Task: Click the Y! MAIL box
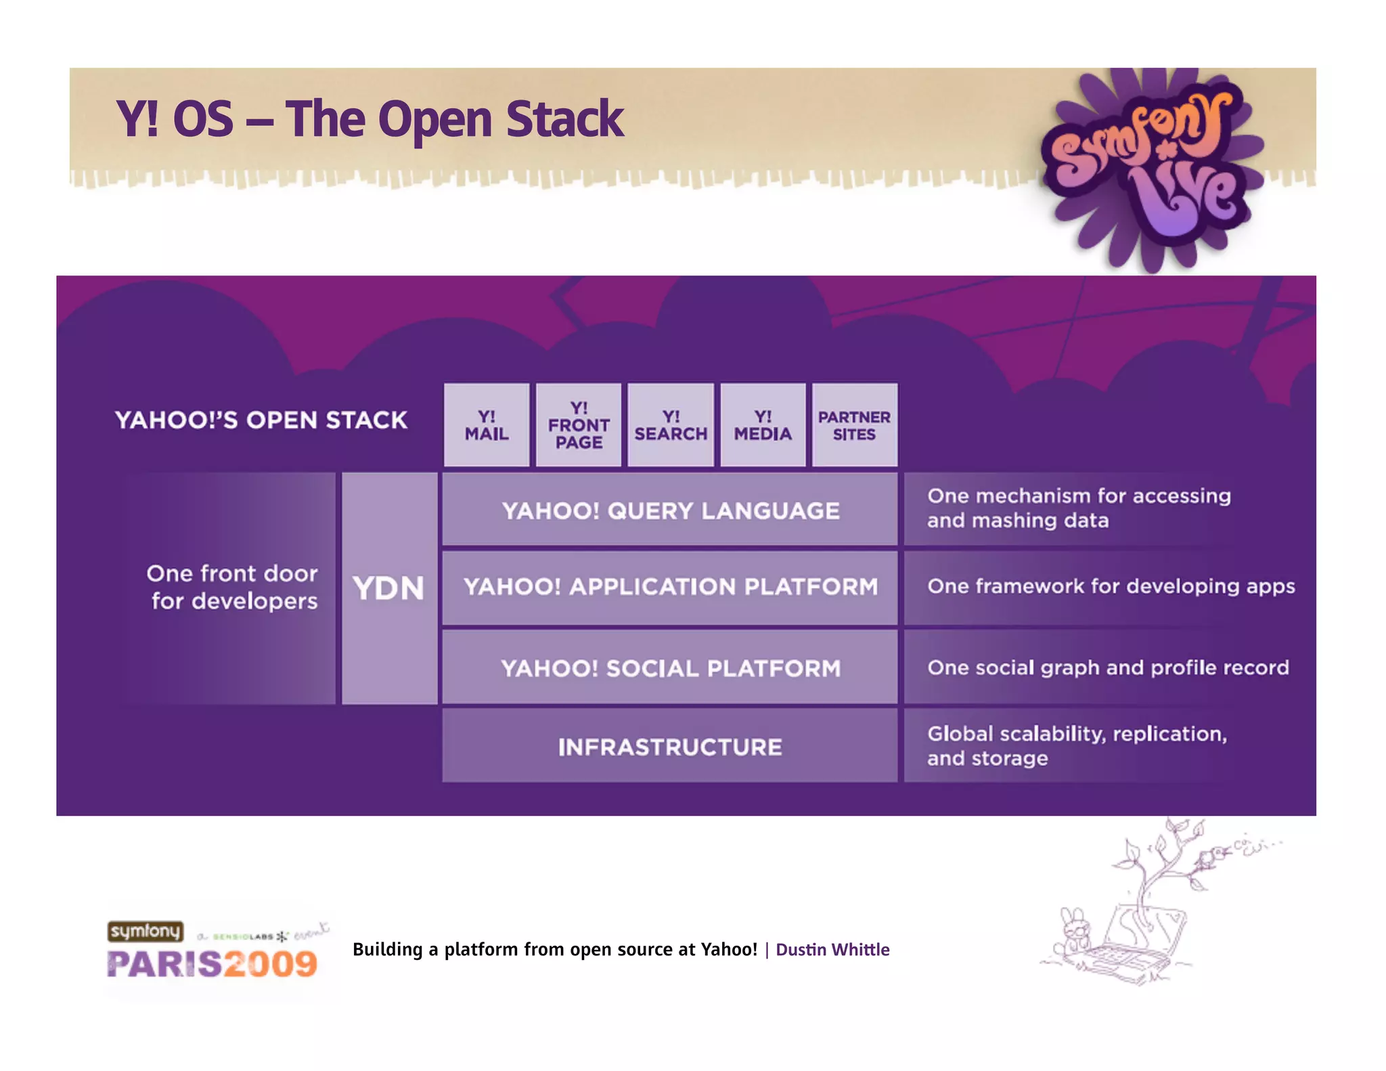486,425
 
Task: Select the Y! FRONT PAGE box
579,425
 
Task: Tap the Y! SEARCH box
671,425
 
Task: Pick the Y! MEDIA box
763,425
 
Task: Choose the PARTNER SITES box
854,425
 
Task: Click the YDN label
389,588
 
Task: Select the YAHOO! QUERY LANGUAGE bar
670,510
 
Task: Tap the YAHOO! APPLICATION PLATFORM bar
670,587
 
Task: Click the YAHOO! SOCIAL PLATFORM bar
670,668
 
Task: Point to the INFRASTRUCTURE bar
670,747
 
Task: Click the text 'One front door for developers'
232,587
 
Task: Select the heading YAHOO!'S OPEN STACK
261,420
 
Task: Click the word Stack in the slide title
564,119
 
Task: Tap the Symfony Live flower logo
1150,169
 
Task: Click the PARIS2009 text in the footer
212,963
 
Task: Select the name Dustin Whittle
832,949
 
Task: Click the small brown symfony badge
146,931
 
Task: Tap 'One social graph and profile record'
1108,668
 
